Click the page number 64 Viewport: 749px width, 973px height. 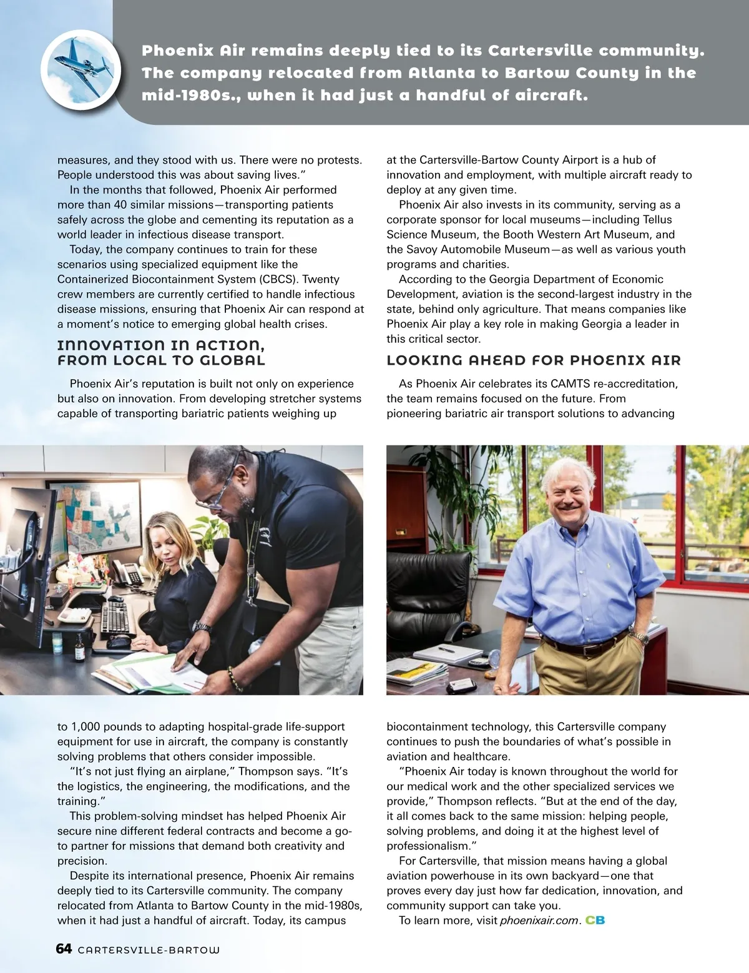(x=64, y=949)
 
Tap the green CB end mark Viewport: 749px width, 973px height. (x=595, y=921)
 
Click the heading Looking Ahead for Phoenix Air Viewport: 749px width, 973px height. (x=534, y=360)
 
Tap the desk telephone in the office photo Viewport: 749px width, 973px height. (x=127, y=573)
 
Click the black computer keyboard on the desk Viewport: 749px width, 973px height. (x=115, y=619)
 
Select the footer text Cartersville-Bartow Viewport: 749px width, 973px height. (x=149, y=950)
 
